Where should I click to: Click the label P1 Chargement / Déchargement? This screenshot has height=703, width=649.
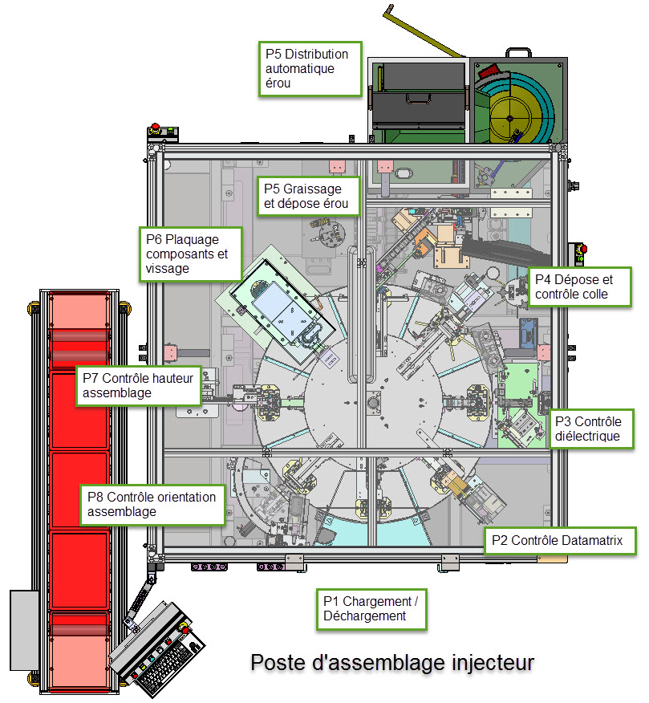coord(371,608)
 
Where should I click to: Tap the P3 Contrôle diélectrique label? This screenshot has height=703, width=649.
coord(590,429)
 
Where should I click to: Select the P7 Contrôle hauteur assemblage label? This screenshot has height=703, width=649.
coord(140,385)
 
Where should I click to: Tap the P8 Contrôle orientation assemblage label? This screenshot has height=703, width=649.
coord(153,504)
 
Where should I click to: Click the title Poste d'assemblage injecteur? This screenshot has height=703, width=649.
coord(391,663)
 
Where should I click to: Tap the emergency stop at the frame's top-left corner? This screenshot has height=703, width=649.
coord(156,130)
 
